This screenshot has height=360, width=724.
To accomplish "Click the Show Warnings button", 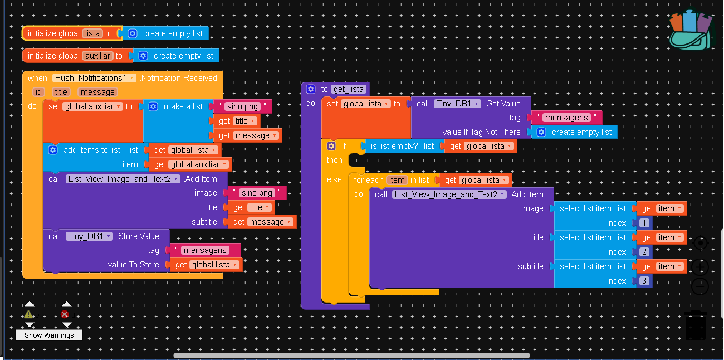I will (49, 335).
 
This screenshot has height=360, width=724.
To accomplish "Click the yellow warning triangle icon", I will (29, 314).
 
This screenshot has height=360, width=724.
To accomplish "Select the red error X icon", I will (66, 314).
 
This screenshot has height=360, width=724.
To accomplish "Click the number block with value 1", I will (644, 223).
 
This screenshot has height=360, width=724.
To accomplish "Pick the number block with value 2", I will (644, 252).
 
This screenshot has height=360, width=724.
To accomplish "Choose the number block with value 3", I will (644, 281).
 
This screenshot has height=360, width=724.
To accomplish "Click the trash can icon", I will (696, 326).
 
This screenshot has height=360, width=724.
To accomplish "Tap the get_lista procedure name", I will (348, 89).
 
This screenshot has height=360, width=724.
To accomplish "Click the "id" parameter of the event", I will (38, 92).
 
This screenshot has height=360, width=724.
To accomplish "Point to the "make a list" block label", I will (183, 106).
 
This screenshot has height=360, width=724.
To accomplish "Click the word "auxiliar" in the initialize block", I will (97, 56).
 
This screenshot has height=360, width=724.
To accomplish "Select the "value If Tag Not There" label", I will (481, 132).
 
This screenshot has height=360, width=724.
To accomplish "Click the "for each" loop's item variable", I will (397, 180).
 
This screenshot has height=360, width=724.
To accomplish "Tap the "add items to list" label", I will (92, 150).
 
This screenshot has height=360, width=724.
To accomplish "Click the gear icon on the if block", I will (331, 146).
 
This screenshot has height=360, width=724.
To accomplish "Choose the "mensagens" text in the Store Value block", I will (204, 250).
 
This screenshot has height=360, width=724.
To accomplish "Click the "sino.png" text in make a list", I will (243, 106).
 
